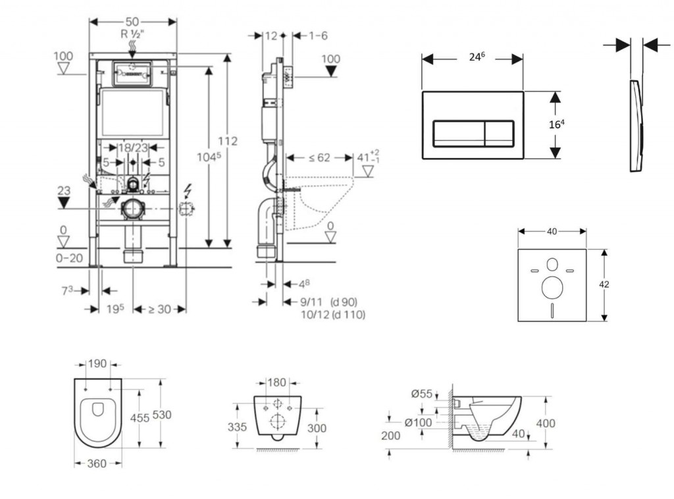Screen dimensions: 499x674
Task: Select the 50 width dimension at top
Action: click(132, 22)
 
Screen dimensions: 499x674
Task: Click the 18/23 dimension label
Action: click(132, 148)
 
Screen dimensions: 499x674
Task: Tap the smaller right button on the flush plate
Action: click(499, 134)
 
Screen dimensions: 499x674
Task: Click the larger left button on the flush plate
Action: click(458, 134)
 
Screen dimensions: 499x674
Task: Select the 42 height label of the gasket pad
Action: click(604, 284)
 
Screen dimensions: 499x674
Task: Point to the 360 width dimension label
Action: click(97, 464)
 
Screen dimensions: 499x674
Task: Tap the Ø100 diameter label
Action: click(418, 423)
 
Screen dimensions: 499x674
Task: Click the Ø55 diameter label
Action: click(422, 394)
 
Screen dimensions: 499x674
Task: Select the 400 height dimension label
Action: click(546, 423)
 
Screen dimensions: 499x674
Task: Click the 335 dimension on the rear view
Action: click(237, 427)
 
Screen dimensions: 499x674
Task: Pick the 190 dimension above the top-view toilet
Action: click(97, 363)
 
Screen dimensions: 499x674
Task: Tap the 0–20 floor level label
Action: click(68, 258)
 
